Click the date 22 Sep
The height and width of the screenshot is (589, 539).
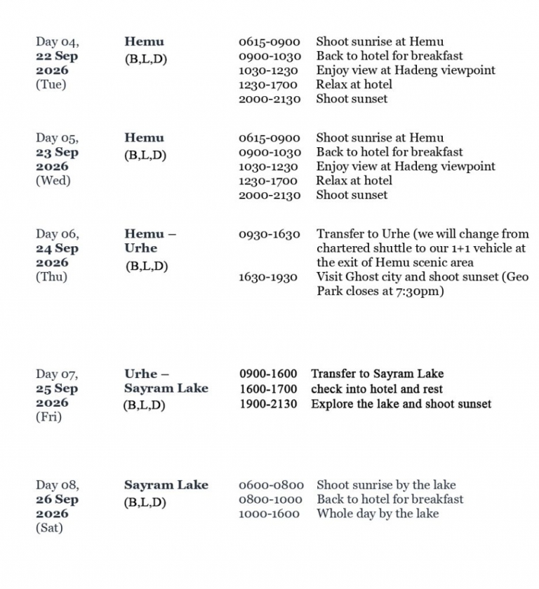57,56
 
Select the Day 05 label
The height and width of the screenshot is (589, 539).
57,138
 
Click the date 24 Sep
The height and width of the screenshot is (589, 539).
57,248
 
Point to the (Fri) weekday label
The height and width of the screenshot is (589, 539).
48,417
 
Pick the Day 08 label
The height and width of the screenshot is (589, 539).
57,485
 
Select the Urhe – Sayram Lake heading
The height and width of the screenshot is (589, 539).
166,381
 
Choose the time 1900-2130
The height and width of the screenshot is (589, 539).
268,404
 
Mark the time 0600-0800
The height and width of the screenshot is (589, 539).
271,485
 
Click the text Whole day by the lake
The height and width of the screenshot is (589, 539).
378,513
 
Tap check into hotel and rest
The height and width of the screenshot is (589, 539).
377,389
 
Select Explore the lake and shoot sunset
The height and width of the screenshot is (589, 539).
401,404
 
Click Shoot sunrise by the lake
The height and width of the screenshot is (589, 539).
386,485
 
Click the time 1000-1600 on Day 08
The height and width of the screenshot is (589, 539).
269,514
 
